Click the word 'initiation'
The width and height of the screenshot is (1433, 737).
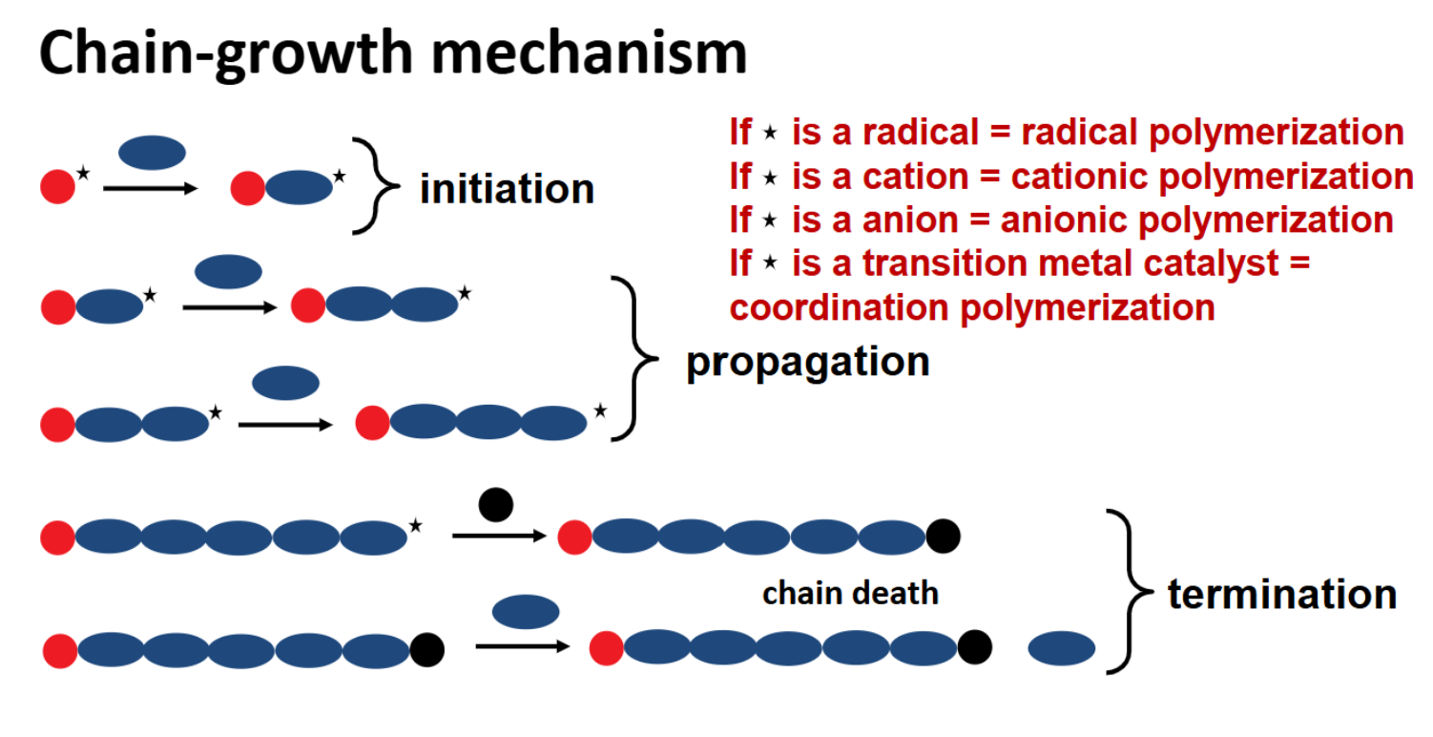[x=507, y=189]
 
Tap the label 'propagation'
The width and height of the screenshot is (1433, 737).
[x=807, y=363]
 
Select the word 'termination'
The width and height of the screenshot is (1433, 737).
[x=1281, y=594]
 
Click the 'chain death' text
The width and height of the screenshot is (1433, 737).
[x=850, y=593]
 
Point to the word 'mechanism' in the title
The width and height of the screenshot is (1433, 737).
[x=589, y=53]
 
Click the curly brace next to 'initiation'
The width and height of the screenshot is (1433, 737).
[x=373, y=186]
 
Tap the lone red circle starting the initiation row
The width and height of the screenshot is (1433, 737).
[x=57, y=186]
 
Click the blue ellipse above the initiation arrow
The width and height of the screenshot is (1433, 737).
[x=152, y=153]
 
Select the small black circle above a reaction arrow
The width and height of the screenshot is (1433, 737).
[x=496, y=505]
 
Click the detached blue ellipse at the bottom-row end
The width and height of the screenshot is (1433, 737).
[x=1061, y=649]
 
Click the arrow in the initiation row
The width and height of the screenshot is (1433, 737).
[x=149, y=189]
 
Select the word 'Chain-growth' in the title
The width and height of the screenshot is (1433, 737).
[x=225, y=54]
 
